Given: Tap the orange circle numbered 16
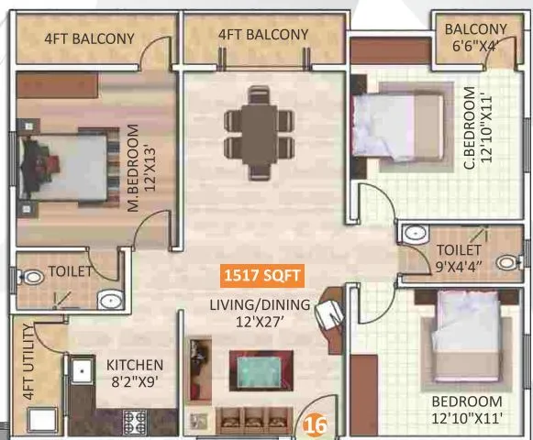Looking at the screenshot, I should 316,424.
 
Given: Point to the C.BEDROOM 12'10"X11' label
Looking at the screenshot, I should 473,127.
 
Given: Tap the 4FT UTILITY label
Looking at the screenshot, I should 29,362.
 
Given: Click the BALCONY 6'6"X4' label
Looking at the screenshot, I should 475,37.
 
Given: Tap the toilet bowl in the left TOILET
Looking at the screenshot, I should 32,275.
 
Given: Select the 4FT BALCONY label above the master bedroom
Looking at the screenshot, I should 89,38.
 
